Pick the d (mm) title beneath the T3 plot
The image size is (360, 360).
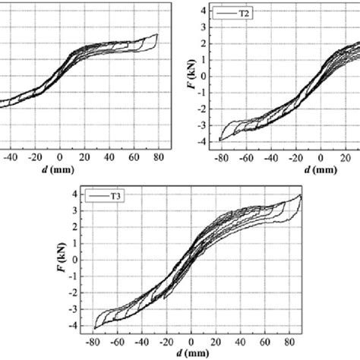(191, 352)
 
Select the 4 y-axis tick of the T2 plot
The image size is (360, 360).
(201, 11)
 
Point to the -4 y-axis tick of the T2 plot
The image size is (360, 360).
(198, 141)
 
